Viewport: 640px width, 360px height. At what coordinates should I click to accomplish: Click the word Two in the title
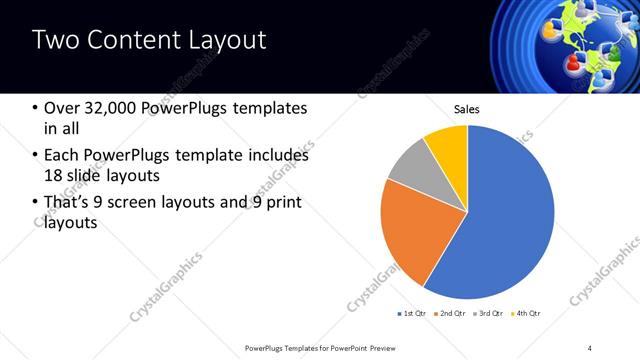[52, 41]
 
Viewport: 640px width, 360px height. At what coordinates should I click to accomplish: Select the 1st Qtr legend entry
[414, 314]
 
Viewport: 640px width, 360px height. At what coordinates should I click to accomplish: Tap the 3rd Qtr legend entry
[490, 314]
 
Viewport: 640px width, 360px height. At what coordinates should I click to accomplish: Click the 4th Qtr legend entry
[528, 314]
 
